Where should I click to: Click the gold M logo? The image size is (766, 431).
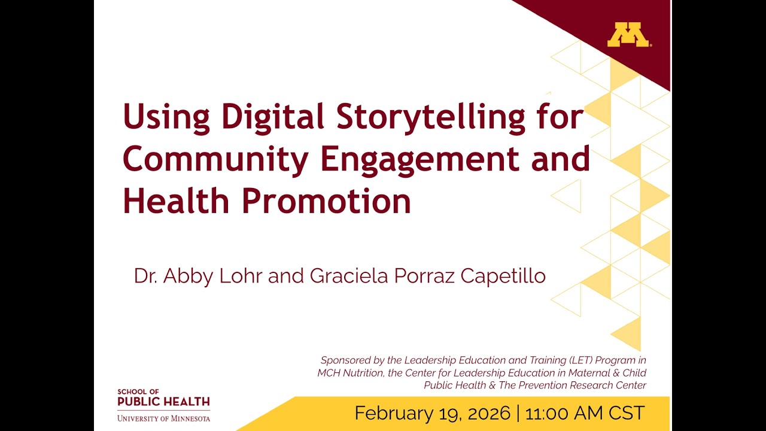pyautogui.click(x=628, y=35)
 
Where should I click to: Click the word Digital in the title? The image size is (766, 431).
pyautogui.click(x=273, y=116)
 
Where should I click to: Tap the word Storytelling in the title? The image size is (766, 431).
pyautogui.click(x=431, y=117)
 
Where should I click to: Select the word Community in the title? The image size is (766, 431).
pyautogui.click(x=216, y=159)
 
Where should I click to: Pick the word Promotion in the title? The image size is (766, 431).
pyautogui.click(x=326, y=202)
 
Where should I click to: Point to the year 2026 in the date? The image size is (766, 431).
pyautogui.click(x=485, y=413)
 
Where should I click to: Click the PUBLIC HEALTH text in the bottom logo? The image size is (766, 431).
pyautogui.click(x=163, y=401)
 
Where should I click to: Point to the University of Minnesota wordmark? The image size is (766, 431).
pyautogui.click(x=163, y=418)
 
